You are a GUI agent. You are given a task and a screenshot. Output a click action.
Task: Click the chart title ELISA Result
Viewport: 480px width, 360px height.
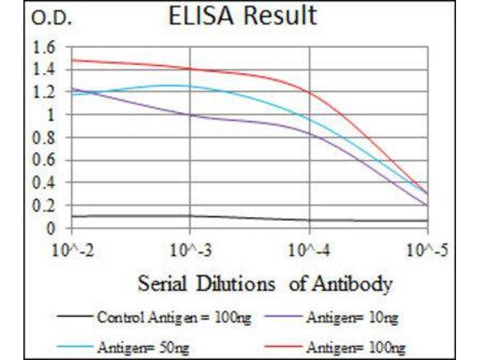[x=242, y=17]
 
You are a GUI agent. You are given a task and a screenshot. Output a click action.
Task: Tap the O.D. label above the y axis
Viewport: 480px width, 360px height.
[x=52, y=19]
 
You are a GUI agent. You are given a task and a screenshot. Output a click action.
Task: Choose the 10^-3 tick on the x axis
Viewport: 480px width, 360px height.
[x=190, y=249]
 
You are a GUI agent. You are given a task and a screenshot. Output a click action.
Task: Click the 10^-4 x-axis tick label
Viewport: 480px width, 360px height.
[x=309, y=249]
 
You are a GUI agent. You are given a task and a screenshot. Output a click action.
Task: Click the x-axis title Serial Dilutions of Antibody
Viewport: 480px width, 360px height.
[x=265, y=283]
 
